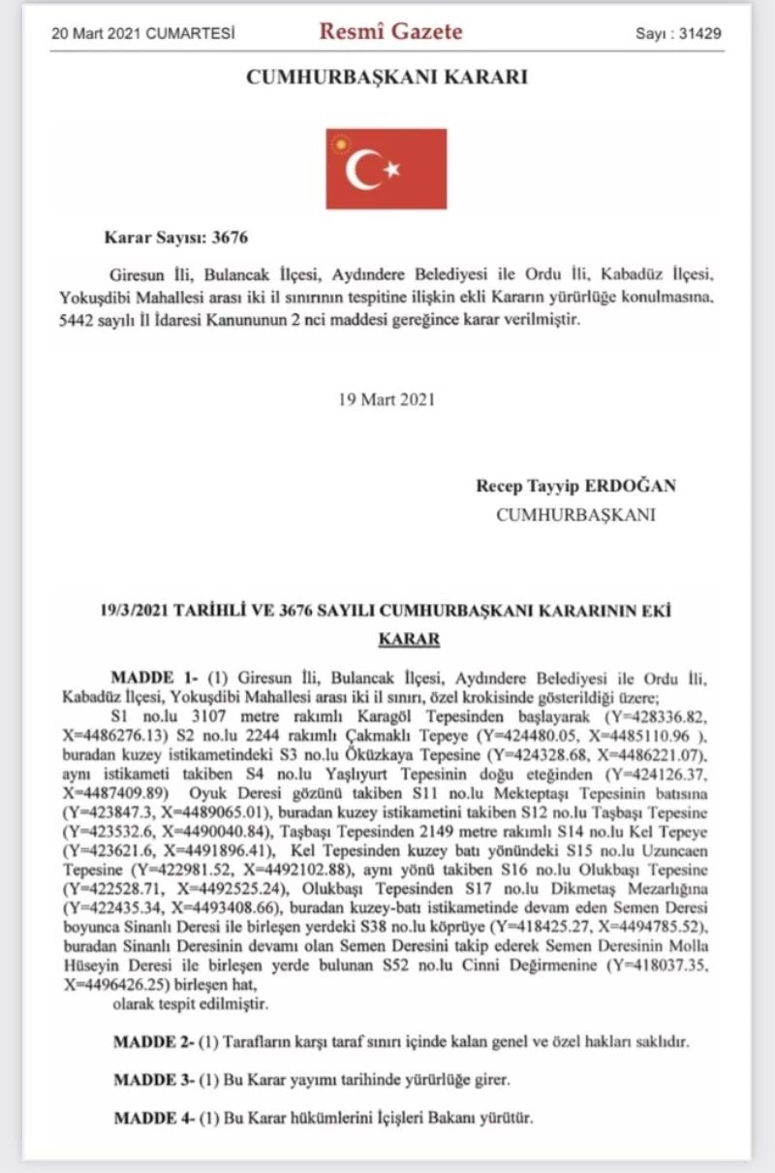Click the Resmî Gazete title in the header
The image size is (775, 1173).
coord(390,31)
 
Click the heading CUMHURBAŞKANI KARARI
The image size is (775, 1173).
coord(387,78)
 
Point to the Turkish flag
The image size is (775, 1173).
coord(386,168)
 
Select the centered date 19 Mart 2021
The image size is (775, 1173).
coord(387,397)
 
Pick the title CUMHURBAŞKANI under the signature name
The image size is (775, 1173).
coord(574,515)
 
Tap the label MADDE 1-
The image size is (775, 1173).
coord(153,677)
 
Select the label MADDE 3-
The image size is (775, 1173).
coord(153,1079)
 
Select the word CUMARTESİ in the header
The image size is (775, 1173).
coord(193,33)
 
